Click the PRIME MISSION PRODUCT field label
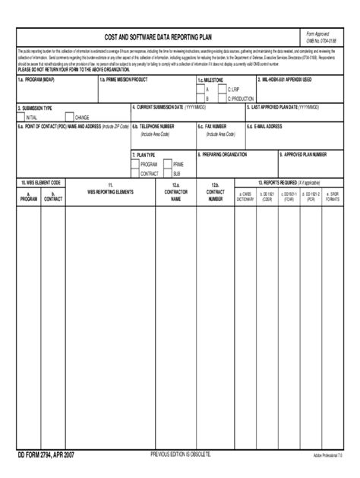pos(125,79)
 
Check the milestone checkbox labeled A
pos(201,89)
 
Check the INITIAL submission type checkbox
pos(21,118)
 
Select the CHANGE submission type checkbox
pos(70,118)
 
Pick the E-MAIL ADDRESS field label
pos(267,127)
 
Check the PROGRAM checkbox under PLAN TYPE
pos(136,164)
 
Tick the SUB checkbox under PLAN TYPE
pos(169,173)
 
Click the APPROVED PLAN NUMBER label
pos(305,154)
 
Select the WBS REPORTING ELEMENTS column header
pos(110,193)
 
